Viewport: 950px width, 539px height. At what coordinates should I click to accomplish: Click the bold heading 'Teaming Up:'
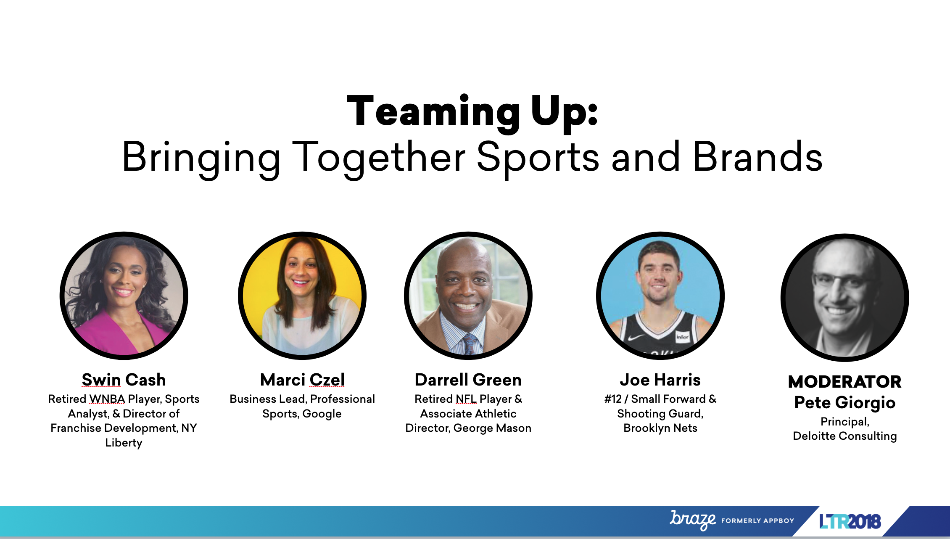(472, 111)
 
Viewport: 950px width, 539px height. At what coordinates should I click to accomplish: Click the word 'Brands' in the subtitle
(757, 157)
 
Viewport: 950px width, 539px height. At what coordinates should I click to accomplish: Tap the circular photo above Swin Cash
(124, 296)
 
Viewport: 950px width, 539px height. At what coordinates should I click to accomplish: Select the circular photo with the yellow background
(302, 296)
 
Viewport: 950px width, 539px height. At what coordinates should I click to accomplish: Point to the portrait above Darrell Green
(468, 296)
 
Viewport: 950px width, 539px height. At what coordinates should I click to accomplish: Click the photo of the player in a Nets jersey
(660, 296)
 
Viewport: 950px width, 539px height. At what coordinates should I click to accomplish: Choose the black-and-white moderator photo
(845, 298)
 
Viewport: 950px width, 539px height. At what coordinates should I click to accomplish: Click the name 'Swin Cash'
(124, 380)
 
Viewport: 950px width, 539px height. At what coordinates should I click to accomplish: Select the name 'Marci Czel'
(302, 380)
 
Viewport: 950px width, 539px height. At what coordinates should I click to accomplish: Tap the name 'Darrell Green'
(468, 380)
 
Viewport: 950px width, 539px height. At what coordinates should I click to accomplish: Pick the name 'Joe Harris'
(660, 380)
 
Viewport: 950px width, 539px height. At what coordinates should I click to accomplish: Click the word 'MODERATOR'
(845, 382)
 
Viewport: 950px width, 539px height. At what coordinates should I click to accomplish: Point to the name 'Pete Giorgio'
(845, 402)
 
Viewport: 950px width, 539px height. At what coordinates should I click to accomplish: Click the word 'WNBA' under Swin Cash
(107, 399)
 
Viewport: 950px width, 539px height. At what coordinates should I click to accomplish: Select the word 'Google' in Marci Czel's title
(322, 414)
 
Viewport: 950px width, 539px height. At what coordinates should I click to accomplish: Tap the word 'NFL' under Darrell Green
(466, 399)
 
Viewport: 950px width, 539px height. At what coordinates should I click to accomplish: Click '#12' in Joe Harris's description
(613, 399)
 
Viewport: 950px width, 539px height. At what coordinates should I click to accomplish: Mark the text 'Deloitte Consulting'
(845, 436)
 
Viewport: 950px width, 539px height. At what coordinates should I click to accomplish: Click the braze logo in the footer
(693, 520)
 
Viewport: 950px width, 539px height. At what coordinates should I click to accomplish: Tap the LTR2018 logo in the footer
(850, 521)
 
